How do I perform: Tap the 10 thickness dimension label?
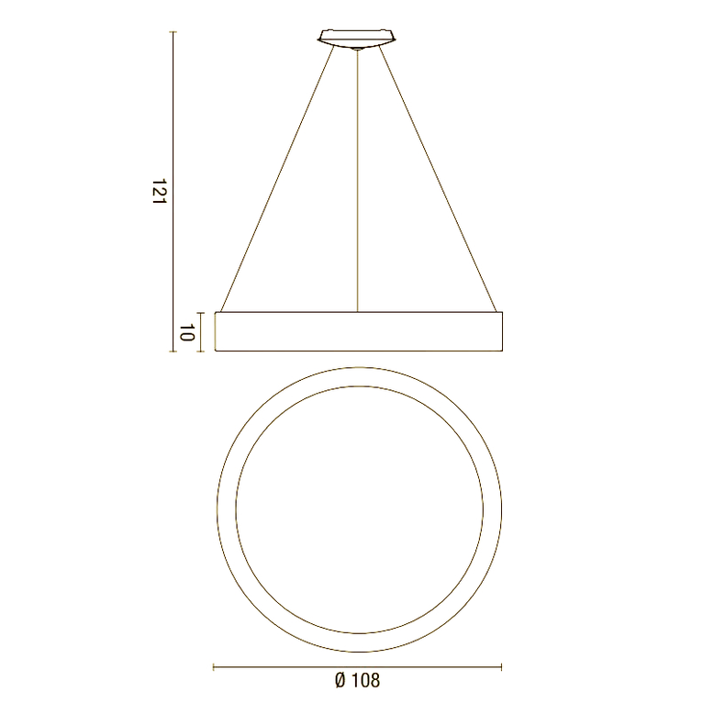coord(185,332)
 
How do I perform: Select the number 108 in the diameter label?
coord(364,680)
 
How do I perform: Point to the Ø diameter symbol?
coord(340,680)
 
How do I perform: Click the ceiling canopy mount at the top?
coord(358,38)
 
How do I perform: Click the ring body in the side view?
coord(358,331)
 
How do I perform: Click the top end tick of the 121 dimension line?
coord(173,32)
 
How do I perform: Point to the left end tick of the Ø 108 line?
coord(214,666)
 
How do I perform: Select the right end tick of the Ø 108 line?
coord(502,666)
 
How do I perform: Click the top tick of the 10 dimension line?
coord(201,313)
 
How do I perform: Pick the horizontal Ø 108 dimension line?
coord(358,666)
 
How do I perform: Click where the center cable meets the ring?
coord(358,312)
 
